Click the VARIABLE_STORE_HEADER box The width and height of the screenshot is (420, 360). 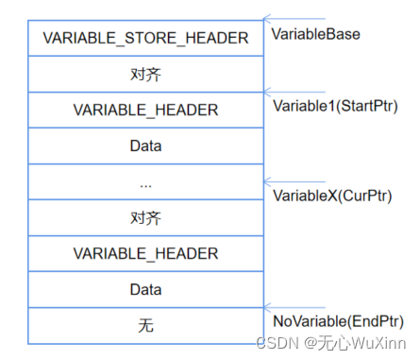pyautogui.click(x=145, y=38)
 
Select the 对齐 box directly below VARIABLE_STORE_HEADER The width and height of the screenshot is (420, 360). pyautogui.click(x=145, y=74)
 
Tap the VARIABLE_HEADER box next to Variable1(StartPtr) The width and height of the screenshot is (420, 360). pyautogui.click(x=145, y=110)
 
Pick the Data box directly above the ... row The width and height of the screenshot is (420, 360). pyautogui.click(x=145, y=146)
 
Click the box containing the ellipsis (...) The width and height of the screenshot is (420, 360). pyautogui.click(x=145, y=181)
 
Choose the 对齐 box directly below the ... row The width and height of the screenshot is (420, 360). pyautogui.click(x=145, y=217)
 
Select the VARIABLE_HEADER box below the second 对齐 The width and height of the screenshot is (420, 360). pyautogui.click(x=145, y=253)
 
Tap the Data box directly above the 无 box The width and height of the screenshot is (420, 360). pyautogui.click(x=145, y=289)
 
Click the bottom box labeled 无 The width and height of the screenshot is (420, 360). pyautogui.click(x=145, y=325)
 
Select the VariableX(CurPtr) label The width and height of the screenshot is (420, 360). pyautogui.click(x=331, y=196)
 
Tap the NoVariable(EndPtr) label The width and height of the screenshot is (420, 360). pyautogui.click(x=338, y=320)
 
